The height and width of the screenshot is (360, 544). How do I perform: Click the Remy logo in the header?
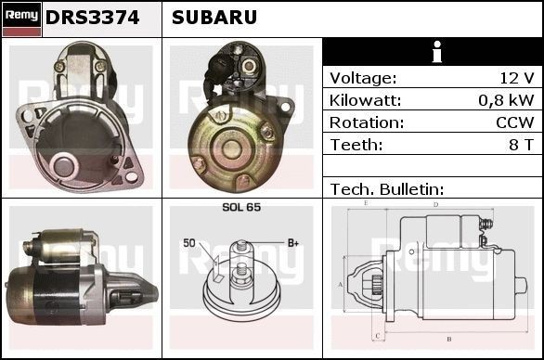[21, 18]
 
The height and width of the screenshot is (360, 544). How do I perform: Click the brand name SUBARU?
[214, 18]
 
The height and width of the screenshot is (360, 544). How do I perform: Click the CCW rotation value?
[514, 122]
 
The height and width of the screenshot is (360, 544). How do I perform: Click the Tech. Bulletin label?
[386, 189]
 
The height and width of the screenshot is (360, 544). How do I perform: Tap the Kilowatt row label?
[365, 100]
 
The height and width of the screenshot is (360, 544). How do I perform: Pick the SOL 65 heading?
[241, 208]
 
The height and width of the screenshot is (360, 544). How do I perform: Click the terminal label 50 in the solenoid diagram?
[189, 243]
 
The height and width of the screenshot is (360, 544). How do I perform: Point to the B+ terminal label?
[292, 243]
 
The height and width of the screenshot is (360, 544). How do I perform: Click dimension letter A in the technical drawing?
[341, 284]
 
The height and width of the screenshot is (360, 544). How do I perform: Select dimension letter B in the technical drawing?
[448, 339]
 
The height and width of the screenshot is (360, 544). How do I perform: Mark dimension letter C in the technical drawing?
[377, 334]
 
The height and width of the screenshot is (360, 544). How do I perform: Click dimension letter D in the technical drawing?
[435, 204]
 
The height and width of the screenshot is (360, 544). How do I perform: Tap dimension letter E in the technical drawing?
[367, 202]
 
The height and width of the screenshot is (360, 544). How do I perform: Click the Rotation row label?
[366, 122]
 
